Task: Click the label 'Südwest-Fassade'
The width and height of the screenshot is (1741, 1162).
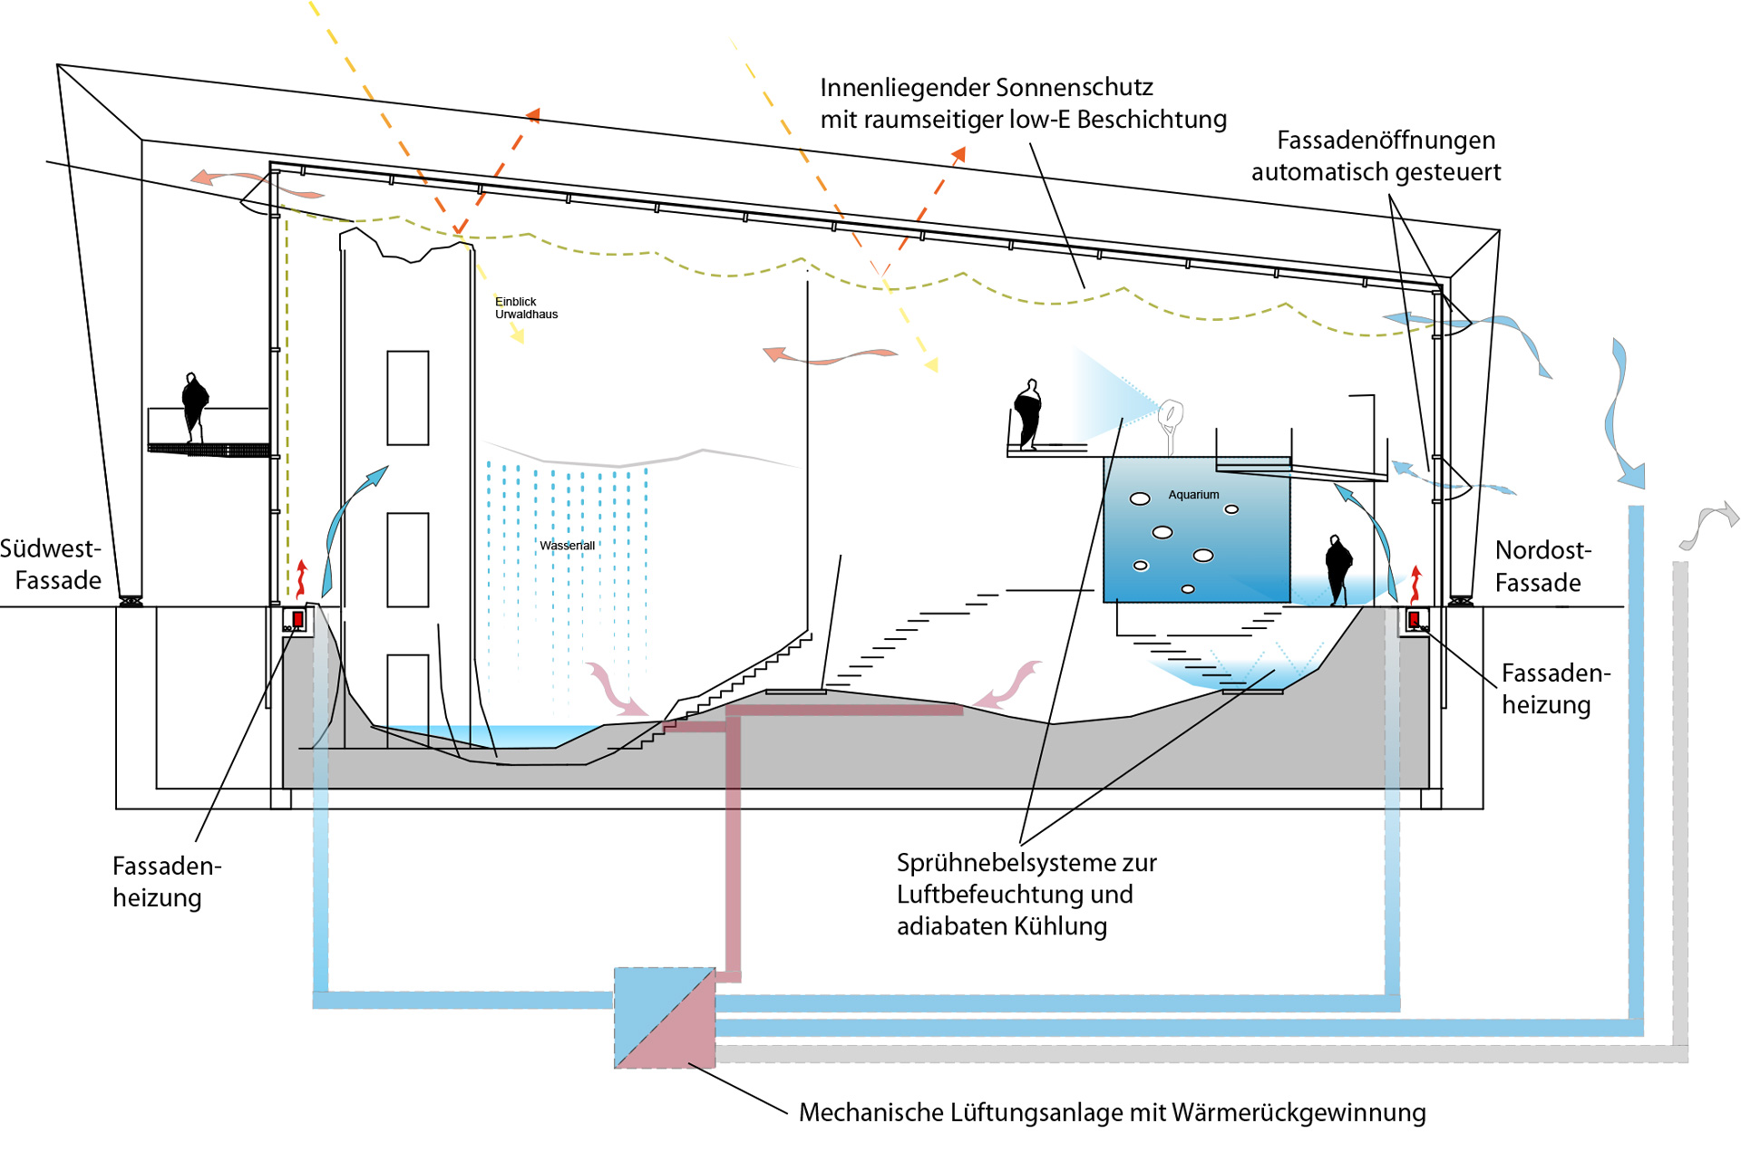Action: coord(52,564)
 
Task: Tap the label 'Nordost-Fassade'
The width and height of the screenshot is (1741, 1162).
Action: coord(1542,566)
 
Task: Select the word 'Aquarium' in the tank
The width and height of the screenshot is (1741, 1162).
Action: coord(1193,495)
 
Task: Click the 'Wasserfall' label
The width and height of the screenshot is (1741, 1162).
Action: coord(567,546)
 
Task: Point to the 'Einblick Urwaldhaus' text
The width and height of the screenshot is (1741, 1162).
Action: coord(525,308)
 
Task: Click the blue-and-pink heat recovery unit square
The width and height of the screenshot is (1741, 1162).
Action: coord(665,1018)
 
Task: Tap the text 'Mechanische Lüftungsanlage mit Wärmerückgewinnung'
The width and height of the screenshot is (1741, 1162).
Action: coord(1112,1112)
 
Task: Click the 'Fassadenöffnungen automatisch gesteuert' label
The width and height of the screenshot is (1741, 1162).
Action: coord(1376,156)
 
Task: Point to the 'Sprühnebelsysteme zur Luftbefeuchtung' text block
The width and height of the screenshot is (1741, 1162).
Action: coord(1026,894)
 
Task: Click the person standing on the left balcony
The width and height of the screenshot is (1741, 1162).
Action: coord(194,406)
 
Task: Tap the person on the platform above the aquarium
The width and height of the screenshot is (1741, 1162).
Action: coord(1028,414)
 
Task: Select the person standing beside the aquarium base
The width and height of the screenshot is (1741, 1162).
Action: coord(1338,569)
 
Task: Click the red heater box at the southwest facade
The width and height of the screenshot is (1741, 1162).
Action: coord(297,620)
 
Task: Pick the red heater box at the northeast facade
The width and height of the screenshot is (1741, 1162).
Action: coord(1414,620)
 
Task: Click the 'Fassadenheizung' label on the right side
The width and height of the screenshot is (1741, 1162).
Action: coord(1555,689)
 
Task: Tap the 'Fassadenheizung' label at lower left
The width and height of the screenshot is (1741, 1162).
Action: coord(166,881)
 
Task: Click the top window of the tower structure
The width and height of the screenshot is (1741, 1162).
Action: coord(408,398)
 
